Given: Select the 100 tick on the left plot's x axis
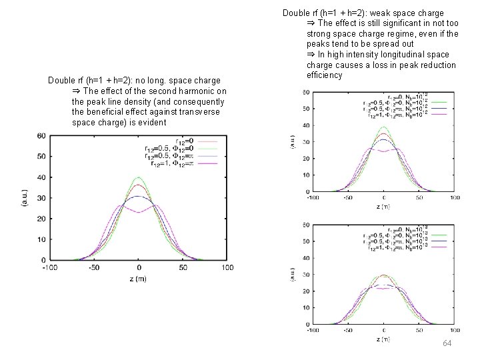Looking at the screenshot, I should coord(227,267).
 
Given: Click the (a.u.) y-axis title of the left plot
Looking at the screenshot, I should coord(25,198).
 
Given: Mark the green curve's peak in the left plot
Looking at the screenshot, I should coord(138,177).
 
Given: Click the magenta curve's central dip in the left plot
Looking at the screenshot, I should coord(138,212).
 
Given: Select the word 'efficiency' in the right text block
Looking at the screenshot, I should coord(324,75).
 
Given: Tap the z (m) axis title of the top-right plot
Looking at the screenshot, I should coord(383,207).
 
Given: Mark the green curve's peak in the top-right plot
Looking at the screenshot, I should coord(383,127).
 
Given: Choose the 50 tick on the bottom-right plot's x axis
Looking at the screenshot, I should coord(419,330).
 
